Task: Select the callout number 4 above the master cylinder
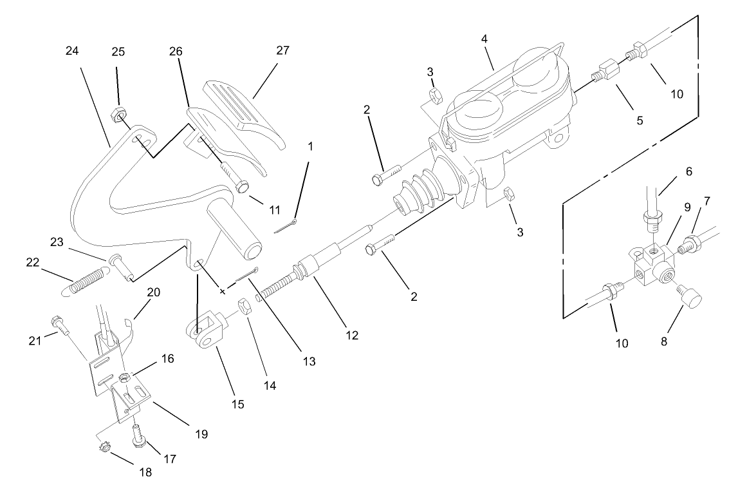click(x=484, y=39)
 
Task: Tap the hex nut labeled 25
click(x=118, y=116)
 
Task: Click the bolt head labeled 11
click(x=243, y=187)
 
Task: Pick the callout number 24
click(x=71, y=51)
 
